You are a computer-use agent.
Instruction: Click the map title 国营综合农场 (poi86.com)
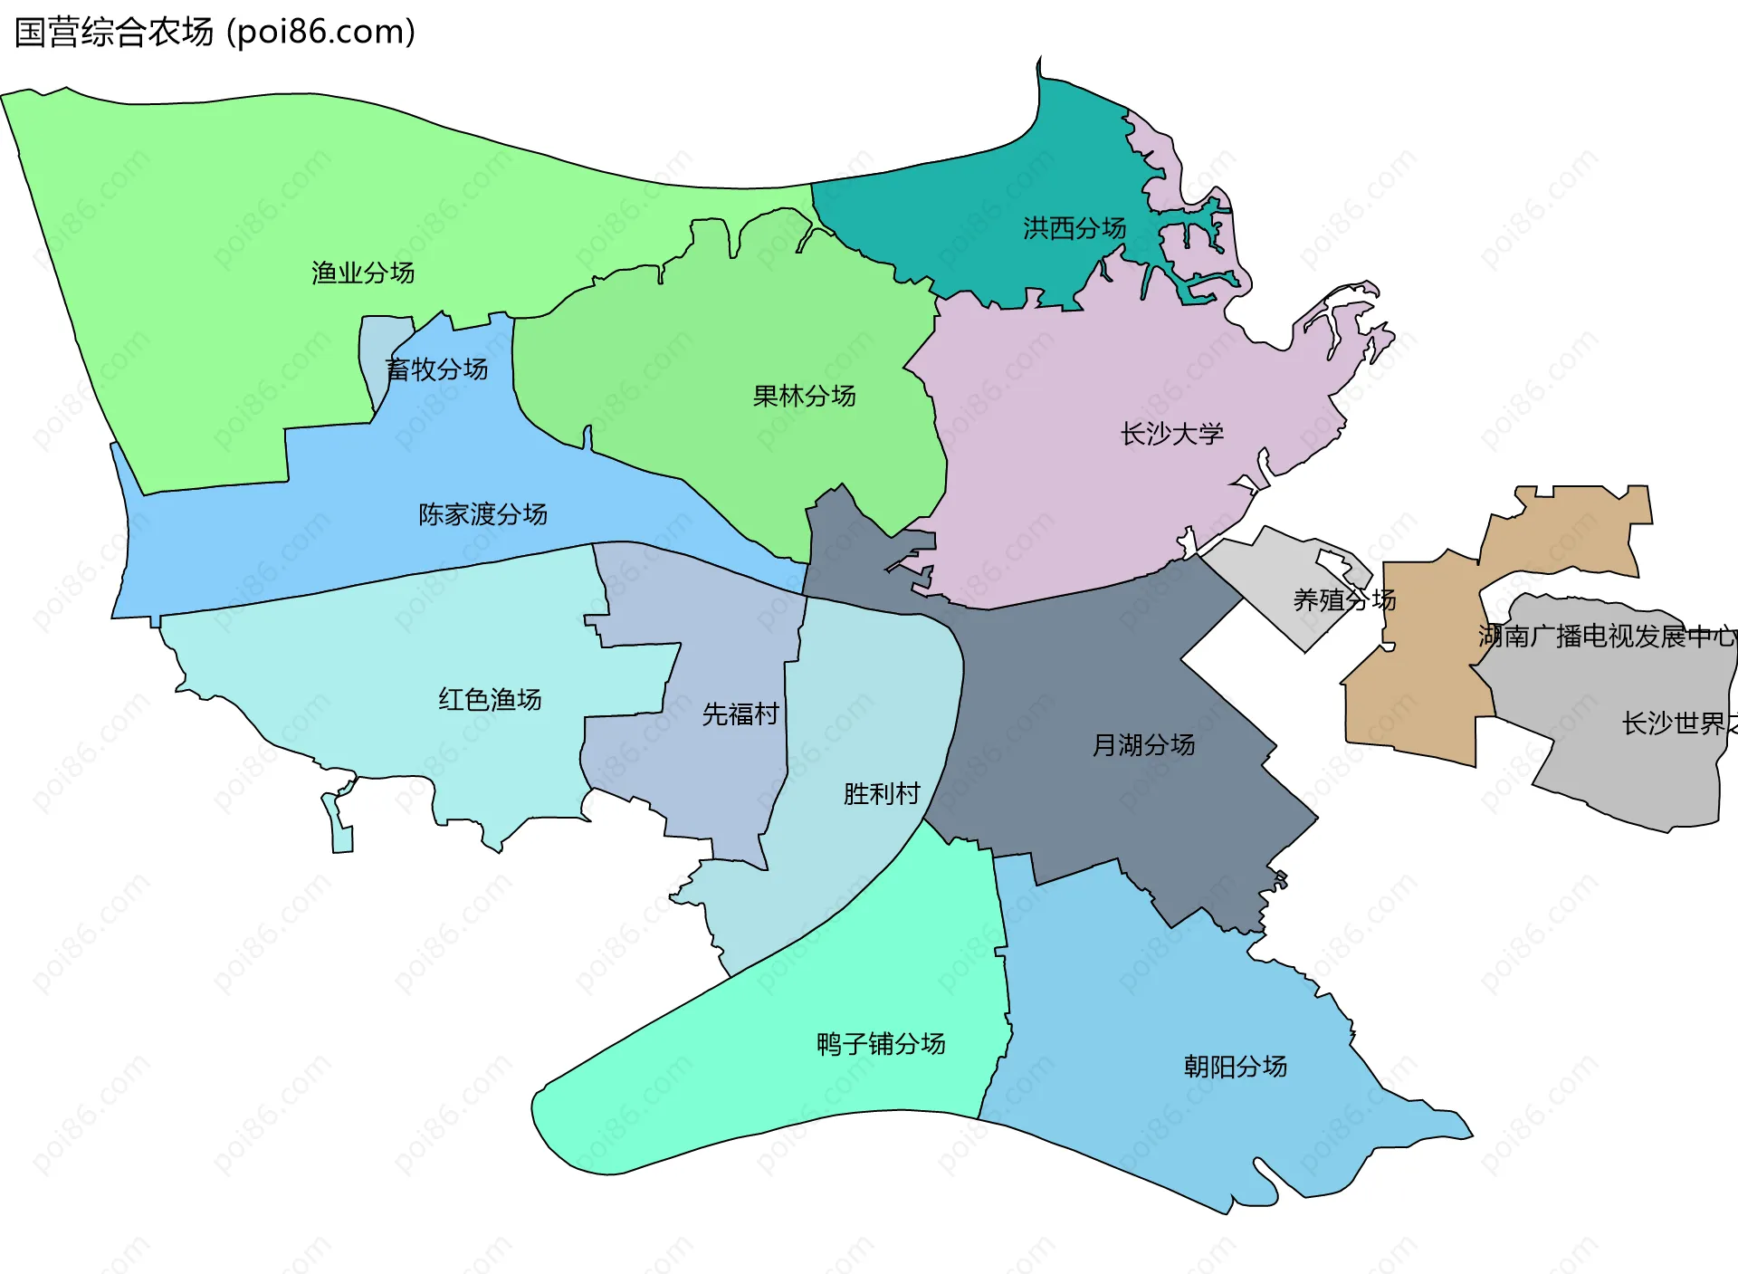215,32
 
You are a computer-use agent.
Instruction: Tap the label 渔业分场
362,273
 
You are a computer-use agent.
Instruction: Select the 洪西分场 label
1074,228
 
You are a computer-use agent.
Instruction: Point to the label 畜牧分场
436,369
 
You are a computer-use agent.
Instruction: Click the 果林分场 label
804,396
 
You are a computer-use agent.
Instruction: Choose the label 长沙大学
1171,434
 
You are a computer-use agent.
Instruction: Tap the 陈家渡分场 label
482,514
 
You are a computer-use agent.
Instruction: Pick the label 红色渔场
490,699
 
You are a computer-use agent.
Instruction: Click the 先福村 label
740,714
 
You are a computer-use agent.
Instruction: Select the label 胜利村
882,794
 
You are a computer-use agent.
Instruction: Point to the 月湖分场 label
1143,745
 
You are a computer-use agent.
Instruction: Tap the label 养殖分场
1344,599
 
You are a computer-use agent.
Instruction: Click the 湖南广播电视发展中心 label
1608,637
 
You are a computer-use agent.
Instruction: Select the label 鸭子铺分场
881,1044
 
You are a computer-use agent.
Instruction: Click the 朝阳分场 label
1235,1067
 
